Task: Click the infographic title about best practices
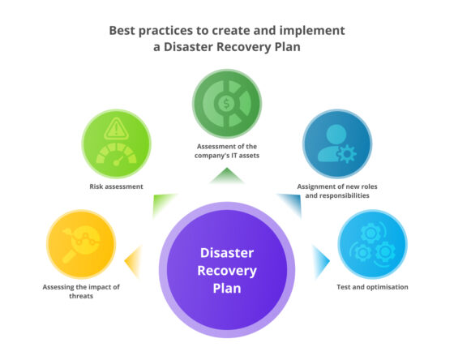click(x=227, y=38)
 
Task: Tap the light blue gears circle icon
click(x=370, y=242)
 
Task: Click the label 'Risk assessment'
click(x=118, y=186)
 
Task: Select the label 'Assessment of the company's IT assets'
click(x=227, y=151)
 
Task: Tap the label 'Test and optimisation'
click(x=372, y=287)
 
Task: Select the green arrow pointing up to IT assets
click(x=227, y=174)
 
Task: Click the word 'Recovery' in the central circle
click(x=227, y=270)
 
